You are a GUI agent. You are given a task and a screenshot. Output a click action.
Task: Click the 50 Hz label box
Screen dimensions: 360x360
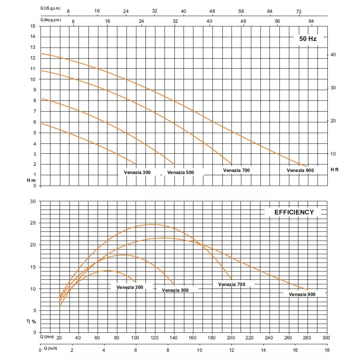pos(308,39)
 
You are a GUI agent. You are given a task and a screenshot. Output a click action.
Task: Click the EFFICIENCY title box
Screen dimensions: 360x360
pos(294,212)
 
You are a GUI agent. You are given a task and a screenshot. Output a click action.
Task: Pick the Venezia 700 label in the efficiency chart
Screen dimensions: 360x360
pos(231,284)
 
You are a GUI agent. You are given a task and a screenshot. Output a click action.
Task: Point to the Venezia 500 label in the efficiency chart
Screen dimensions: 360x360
pos(175,290)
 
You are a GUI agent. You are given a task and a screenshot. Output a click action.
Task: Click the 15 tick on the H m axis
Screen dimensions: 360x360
pos(33,26)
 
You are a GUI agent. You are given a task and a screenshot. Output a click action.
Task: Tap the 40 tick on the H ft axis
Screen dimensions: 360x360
pos(333,55)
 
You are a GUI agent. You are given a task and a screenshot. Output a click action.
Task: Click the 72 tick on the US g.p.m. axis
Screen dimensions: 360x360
pos(299,11)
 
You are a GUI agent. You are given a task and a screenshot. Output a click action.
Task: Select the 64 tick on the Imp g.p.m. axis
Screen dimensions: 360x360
pos(311,21)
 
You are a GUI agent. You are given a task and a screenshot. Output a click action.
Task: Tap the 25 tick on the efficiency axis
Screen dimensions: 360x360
pos(33,223)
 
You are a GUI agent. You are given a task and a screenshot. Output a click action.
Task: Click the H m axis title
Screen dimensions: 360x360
pos(31,180)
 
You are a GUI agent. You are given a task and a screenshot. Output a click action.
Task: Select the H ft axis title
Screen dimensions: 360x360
pos(334,169)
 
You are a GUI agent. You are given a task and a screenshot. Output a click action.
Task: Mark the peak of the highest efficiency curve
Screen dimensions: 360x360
pos(153,224)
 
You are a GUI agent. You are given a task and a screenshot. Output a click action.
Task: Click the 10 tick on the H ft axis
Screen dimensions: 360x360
pos(333,154)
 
